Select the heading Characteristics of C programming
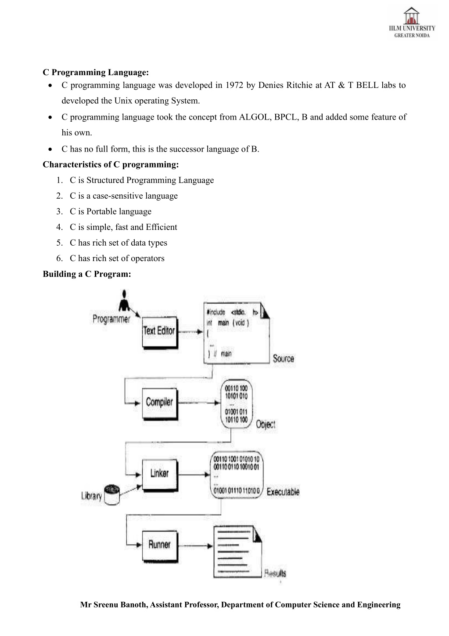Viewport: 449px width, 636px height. tap(111, 165)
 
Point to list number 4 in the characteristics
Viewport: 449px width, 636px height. tap(59, 227)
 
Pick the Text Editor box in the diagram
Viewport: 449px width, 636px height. tap(160, 332)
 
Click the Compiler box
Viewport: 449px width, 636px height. tap(160, 404)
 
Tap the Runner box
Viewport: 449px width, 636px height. tap(160, 546)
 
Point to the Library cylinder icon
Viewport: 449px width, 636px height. tap(112, 495)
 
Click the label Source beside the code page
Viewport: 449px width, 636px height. tap(283, 358)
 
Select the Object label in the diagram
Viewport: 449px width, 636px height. tap(266, 425)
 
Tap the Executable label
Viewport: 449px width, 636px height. tap(283, 491)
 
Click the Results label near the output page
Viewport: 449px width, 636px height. tap(275, 573)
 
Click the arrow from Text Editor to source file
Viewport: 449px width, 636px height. tap(190, 332)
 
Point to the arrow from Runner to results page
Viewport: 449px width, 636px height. tap(196, 546)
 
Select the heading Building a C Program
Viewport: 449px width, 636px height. tap(87, 274)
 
